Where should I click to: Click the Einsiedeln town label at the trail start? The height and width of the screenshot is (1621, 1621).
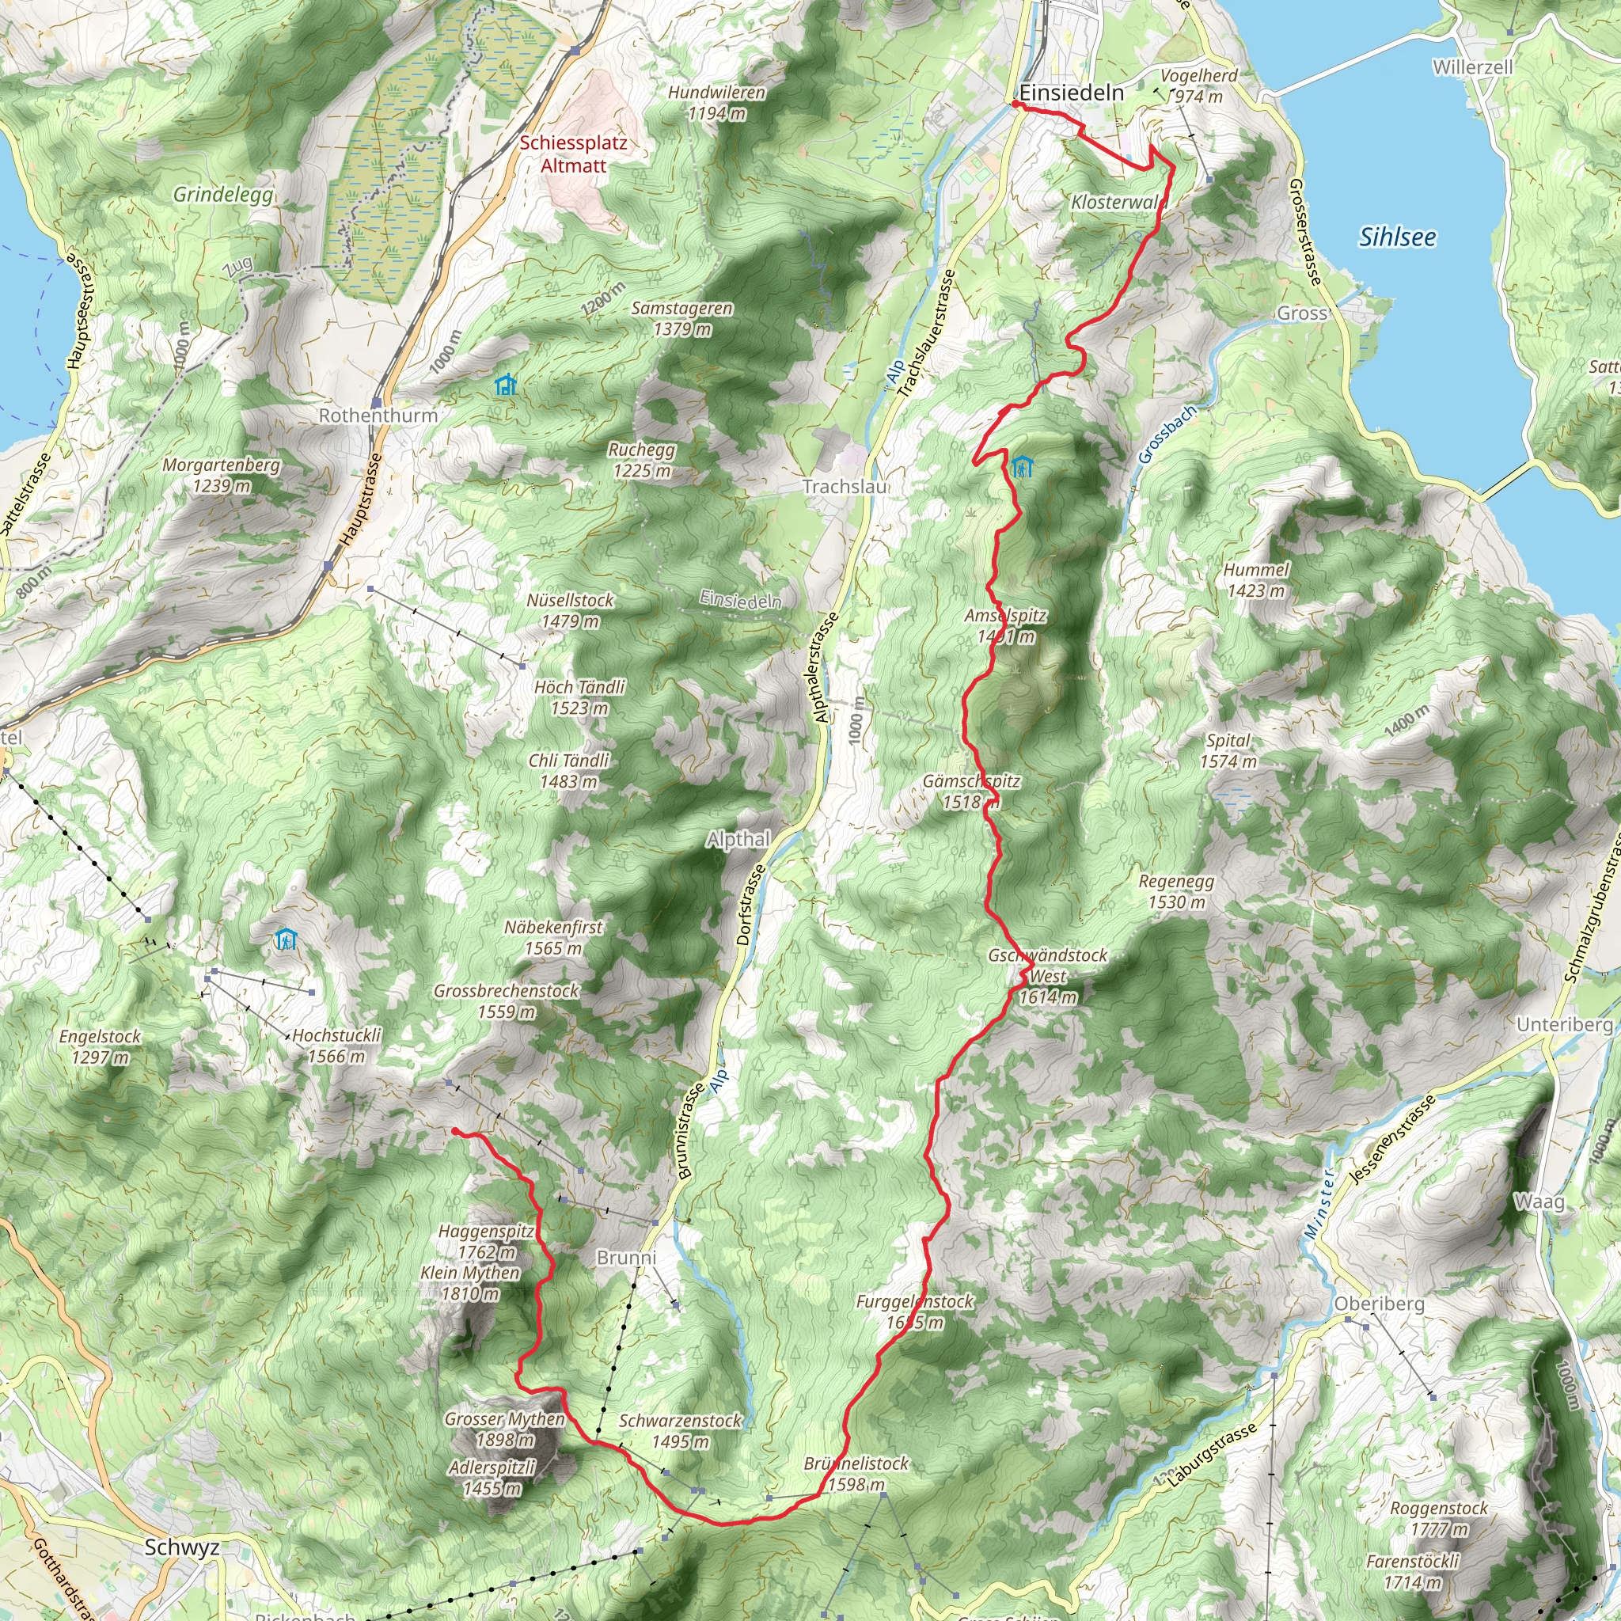click(x=1072, y=93)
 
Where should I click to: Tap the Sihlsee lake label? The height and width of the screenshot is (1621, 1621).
click(x=1397, y=237)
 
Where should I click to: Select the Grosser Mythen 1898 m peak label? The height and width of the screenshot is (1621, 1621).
click(x=505, y=1429)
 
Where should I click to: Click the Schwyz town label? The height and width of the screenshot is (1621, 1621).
click(x=182, y=1547)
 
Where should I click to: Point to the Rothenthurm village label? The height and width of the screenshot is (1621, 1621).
click(x=378, y=416)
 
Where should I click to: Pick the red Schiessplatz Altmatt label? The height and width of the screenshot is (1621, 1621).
click(x=573, y=154)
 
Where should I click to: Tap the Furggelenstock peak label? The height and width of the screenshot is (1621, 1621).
click(x=914, y=1312)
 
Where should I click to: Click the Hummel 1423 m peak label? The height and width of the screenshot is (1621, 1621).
click(x=1256, y=579)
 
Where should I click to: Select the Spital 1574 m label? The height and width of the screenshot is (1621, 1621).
click(x=1228, y=751)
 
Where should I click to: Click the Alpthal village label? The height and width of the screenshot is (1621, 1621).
click(x=738, y=839)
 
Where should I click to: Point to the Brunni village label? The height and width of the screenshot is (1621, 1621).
click(x=626, y=1257)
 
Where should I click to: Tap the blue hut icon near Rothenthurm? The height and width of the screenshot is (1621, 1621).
click(x=505, y=385)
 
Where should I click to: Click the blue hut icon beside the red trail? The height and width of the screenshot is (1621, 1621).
click(x=1021, y=466)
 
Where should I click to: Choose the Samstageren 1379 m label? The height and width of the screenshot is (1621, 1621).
click(x=682, y=319)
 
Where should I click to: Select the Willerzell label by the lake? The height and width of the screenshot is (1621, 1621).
click(x=1472, y=67)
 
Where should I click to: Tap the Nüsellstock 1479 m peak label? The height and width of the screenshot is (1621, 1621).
click(x=571, y=611)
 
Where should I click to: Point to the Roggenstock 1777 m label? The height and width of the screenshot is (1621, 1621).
click(x=1439, y=1518)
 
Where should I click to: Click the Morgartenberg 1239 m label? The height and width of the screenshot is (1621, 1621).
click(x=222, y=475)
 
